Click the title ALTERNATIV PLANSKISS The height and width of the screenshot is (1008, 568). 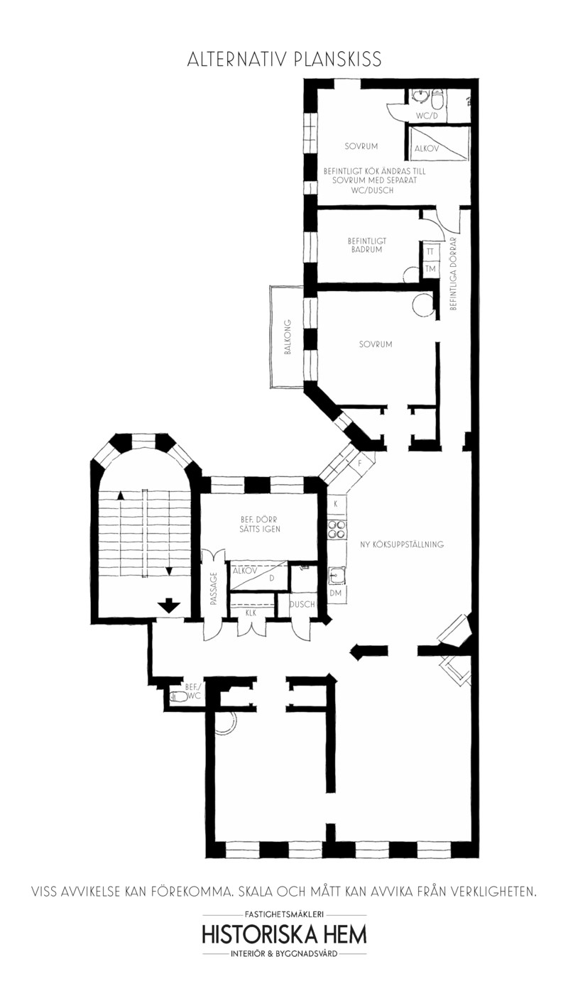pos(284,60)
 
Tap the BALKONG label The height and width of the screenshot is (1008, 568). pos(288,336)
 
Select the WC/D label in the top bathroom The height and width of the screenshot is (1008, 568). pos(426,116)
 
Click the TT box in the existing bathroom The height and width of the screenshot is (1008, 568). pos(430,252)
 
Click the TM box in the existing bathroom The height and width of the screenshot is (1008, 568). pos(430,268)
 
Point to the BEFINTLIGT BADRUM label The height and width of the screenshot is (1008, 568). pos(367,245)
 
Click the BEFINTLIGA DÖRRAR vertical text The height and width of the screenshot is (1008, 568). pos(453,273)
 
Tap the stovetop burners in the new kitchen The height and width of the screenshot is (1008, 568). pos(337,530)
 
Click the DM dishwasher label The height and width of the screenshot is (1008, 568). pos(335,593)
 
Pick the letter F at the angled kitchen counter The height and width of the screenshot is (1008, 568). pos(359,463)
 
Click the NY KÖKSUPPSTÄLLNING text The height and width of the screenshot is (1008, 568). pos(402,544)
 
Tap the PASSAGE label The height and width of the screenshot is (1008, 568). pos(213,588)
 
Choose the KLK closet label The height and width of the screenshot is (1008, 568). pos(251,613)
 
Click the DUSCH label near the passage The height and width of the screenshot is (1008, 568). pos(302,604)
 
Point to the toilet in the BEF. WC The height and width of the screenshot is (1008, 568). pos(179,696)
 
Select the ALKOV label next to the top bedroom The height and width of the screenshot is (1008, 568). pos(426,148)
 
